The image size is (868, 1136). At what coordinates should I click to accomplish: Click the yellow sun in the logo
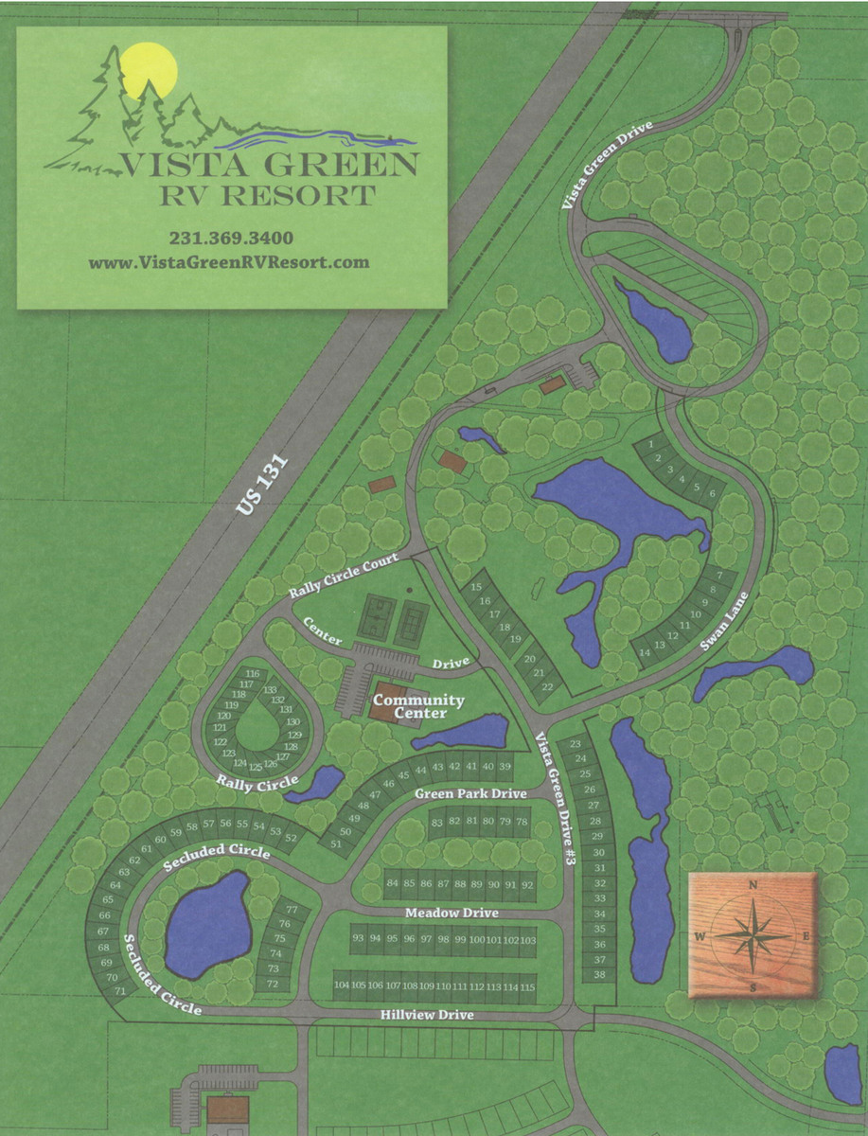point(151,70)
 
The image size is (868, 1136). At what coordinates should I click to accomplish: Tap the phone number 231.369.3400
point(231,238)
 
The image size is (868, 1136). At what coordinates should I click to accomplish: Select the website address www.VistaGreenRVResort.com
point(229,262)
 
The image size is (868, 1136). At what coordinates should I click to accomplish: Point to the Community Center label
point(404,706)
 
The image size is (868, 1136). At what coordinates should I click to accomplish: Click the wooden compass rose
point(753,935)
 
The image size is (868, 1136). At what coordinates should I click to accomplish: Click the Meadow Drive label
point(452,913)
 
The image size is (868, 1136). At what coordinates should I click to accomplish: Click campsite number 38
point(599,974)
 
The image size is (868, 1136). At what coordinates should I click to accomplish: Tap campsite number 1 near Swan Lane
point(651,443)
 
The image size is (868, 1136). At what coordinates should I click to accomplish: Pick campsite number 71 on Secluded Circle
point(120,990)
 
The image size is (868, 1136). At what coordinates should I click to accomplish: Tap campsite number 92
point(527,884)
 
